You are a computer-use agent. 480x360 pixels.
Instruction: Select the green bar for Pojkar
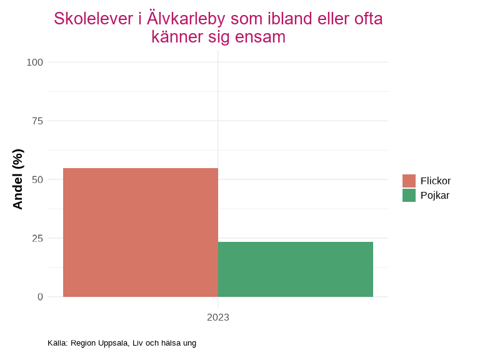pyautogui.click(x=296, y=269)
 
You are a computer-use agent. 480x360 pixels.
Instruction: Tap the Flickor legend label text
pyautogui.click(x=436, y=181)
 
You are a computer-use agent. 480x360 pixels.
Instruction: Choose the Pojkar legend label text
pyautogui.click(x=435, y=195)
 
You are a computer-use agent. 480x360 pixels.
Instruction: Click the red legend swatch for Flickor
pyautogui.click(x=409, y=181)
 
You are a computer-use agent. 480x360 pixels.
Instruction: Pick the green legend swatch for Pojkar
pyautogui.click(x=409, y=195)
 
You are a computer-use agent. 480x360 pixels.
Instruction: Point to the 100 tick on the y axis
pyautogui.click(x=35, y=62)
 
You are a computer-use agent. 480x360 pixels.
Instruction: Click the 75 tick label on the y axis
pyautogui.click(x=37, y=121)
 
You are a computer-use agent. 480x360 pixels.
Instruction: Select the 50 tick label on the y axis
pyautogui.click(x=37, y=179)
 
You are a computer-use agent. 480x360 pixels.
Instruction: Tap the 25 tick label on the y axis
pyautogui.click(x=37, y=238)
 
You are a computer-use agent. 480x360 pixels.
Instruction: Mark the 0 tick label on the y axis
pyautogui.click(x=40, y=297)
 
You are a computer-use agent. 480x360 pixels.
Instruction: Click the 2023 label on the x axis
pyautogui.click(x=218, y=317)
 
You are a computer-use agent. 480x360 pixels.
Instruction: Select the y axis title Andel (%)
pyautogui.click(x=17, y=179)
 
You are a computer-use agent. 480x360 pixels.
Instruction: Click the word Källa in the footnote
pyautogui.click(x=57, y=343)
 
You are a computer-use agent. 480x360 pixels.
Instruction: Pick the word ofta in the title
pyautogui.click(x=368, y=19)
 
